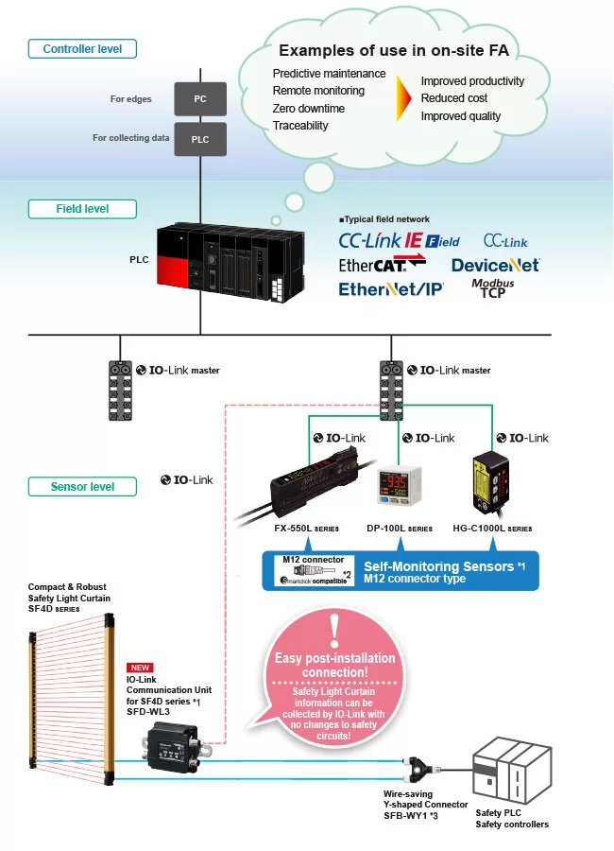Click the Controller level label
click(x=82, y=48)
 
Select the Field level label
click(x=82, y=209)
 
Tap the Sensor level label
click(x=82, y=487)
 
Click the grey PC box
click(x=199, y=98)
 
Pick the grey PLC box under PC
click(x=199, y=138)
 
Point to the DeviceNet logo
click(x=495, y=265)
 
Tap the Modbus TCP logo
click(x=493, y=288)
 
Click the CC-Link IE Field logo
click(x=399, y=240)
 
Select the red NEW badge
click(x=140, y=667)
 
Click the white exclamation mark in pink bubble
click(x=333, y=629)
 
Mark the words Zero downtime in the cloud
click(x=309, y=108)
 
